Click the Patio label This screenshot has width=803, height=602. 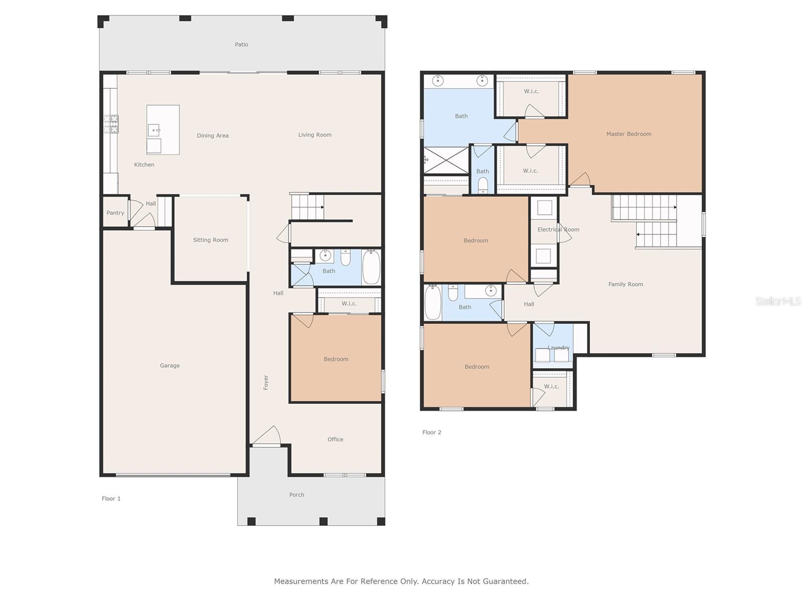pyautogui.click(x=241, y=45)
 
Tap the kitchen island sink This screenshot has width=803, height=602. pyautogui.click(x=154, y=130)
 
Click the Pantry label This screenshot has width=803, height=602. pyautogui.click(x=115, y=213)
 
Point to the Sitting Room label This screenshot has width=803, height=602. pyautogui.click(x=210, y=240)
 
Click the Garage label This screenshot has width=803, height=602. pyautogui.click(x=170, y=366)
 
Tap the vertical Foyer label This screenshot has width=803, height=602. pyautogui.click(x=266, y=382)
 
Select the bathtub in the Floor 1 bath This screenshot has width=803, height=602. pyautogui.click(x=371, y=266)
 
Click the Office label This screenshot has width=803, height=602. pyautogui.click(x=335, y=439)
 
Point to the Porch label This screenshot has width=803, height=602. pyautogui.click(x=297, y=495)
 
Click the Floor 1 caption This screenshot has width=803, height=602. pyautogui.click(x=111, y=499)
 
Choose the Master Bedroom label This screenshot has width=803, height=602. pyautogui.click(x=628, y=134)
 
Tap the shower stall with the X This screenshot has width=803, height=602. pyautogui.click(x=446, y=161)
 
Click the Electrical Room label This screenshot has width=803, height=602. pyautogui.click(x=558, y=230)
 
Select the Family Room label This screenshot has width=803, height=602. pyautogui.click(x=625, y=284)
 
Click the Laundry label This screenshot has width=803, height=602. pyautogui.click(x=559, y=348)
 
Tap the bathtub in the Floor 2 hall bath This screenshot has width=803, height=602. pyautogui.click(x=433, y=303)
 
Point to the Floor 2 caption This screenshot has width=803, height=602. pyautogui.click(x=432, y=432)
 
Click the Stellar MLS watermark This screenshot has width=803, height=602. pyautogui.click(x=778, y=301)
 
